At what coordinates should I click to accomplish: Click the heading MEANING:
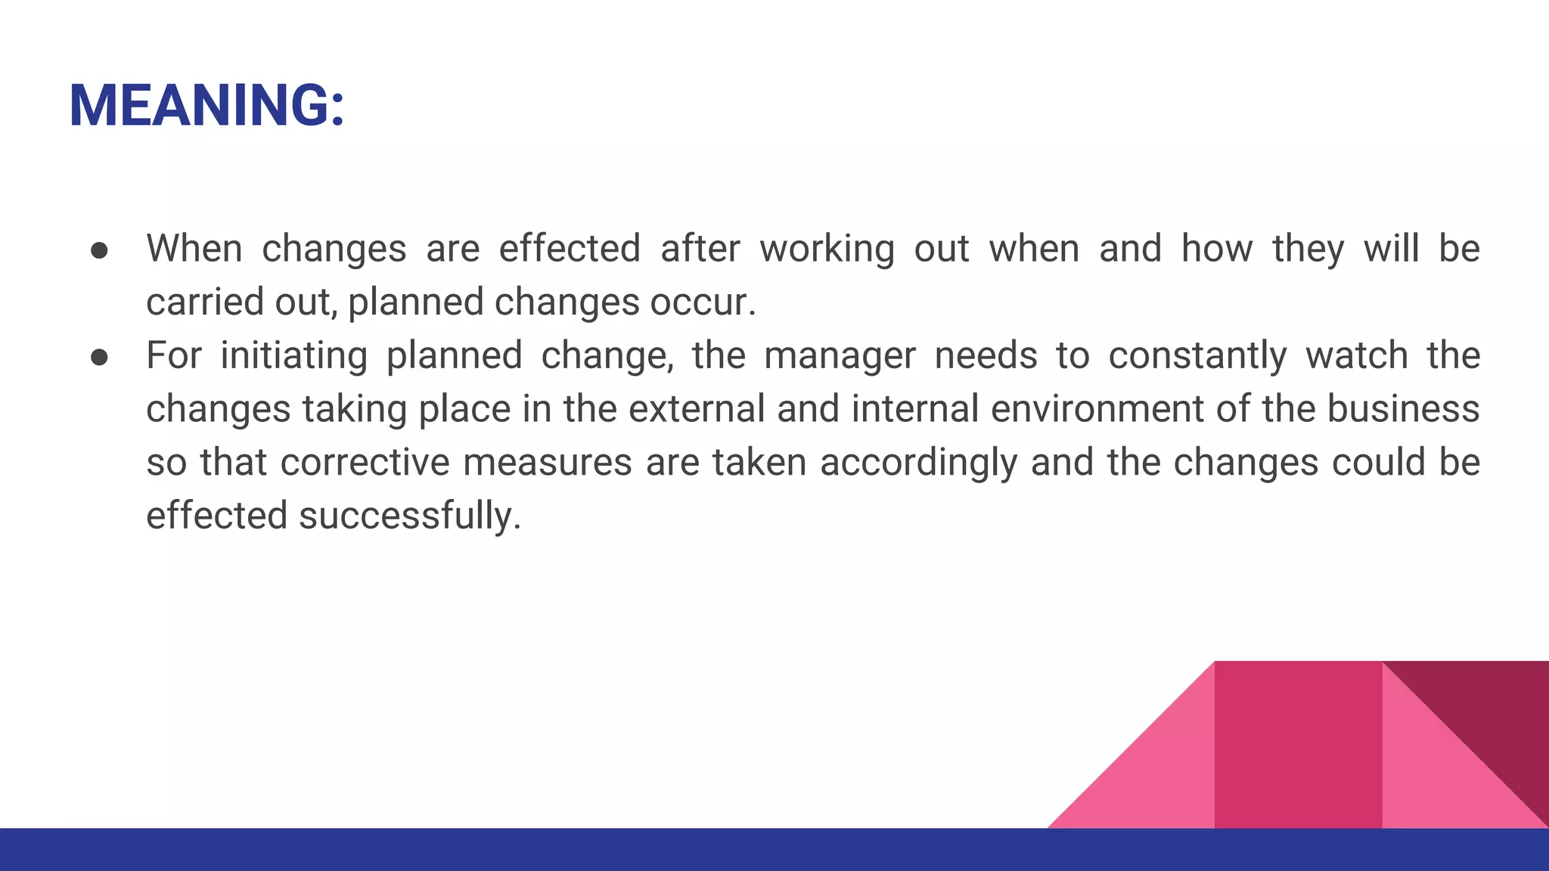pyautogui.click(x=206, y=105)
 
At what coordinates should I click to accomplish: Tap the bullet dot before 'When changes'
pyautogui.click(x=99, y=250)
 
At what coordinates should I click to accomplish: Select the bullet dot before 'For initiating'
pyautogui.click(x=99, y=357)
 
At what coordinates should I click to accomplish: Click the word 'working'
pyautogui.click(x=827, y=249)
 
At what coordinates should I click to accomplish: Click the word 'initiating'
pyautogui.click(x=293, y=355)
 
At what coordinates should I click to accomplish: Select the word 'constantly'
pyautogui.click(x=1197, y=356)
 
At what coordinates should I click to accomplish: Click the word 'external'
pyautogui.click(x=697, y=409)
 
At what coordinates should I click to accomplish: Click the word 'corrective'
pyautogui.click(x=365, y=462)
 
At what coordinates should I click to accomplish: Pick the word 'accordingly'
pyautogui.click(x=918, y=463)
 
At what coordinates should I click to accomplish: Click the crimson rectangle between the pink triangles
pyautogui.click(x=1298, y=745)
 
